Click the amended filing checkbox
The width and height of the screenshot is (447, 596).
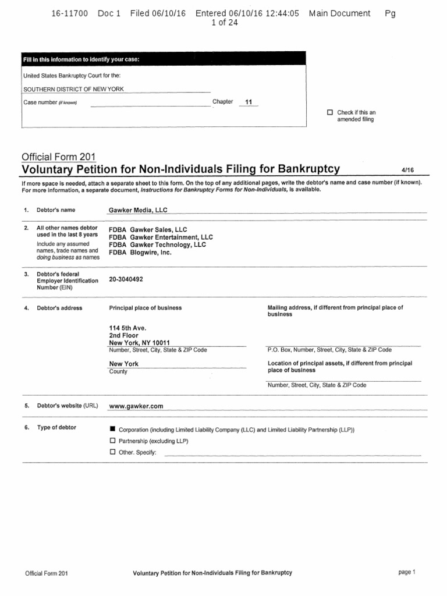[x=330, y=112]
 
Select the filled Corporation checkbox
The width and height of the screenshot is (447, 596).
[x=113, y=429]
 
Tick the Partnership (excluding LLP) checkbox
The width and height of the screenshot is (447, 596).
[x=113, y=441]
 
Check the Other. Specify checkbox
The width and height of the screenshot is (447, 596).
[x=113, y=452]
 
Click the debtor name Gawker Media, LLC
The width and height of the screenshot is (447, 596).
[x=138, y=210]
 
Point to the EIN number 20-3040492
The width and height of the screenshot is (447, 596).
[x=126, y=279]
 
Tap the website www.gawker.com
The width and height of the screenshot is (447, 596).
[x=136, y=406]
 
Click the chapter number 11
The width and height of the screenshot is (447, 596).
[x=249, y=102]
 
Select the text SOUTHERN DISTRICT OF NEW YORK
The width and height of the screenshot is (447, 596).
[x=73, y=89]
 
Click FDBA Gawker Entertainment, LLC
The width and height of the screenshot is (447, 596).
[x=161, y=237]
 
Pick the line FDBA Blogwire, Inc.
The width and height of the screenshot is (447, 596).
[x=140, y=253]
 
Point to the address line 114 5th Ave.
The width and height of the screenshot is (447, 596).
[x=124, y=328]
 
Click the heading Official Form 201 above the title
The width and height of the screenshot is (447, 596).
[x=58, y=157]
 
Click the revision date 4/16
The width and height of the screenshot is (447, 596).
[x=406, y=170]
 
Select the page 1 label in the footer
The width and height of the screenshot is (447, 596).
[x=407, y=572]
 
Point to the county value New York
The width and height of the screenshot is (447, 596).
[x=124, y=364]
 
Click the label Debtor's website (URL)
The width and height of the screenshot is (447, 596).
[x=67, y=406]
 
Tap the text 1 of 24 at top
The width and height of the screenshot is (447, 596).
[x=223, y=23]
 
